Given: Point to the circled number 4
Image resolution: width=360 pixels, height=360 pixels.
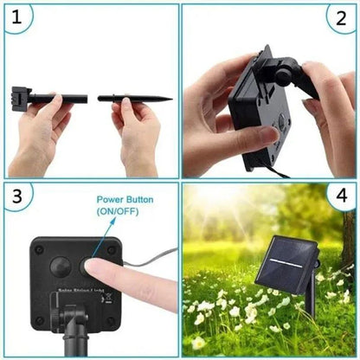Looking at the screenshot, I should (x=339, y=198).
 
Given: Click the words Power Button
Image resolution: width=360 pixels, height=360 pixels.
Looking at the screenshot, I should (x=125, y=200).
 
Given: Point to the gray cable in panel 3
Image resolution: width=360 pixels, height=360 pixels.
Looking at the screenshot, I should (x=151, y=257).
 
